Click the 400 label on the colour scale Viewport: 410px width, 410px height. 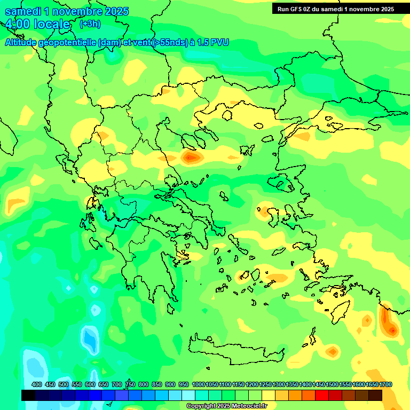[x=37, y=384]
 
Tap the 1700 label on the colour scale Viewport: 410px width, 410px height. [x=386, y=384]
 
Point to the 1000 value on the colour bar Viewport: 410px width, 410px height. [x=199, y=384]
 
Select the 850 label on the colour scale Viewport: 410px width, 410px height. [x=157, y=384]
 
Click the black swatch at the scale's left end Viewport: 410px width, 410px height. [x=28, y=395]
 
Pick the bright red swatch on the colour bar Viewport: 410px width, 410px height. [x=322, y=395]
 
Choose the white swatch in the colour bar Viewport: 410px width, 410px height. [x=188, y=395]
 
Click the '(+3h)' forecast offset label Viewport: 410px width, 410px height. [x=90, y=24]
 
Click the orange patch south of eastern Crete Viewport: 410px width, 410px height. [x=332, y=351]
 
